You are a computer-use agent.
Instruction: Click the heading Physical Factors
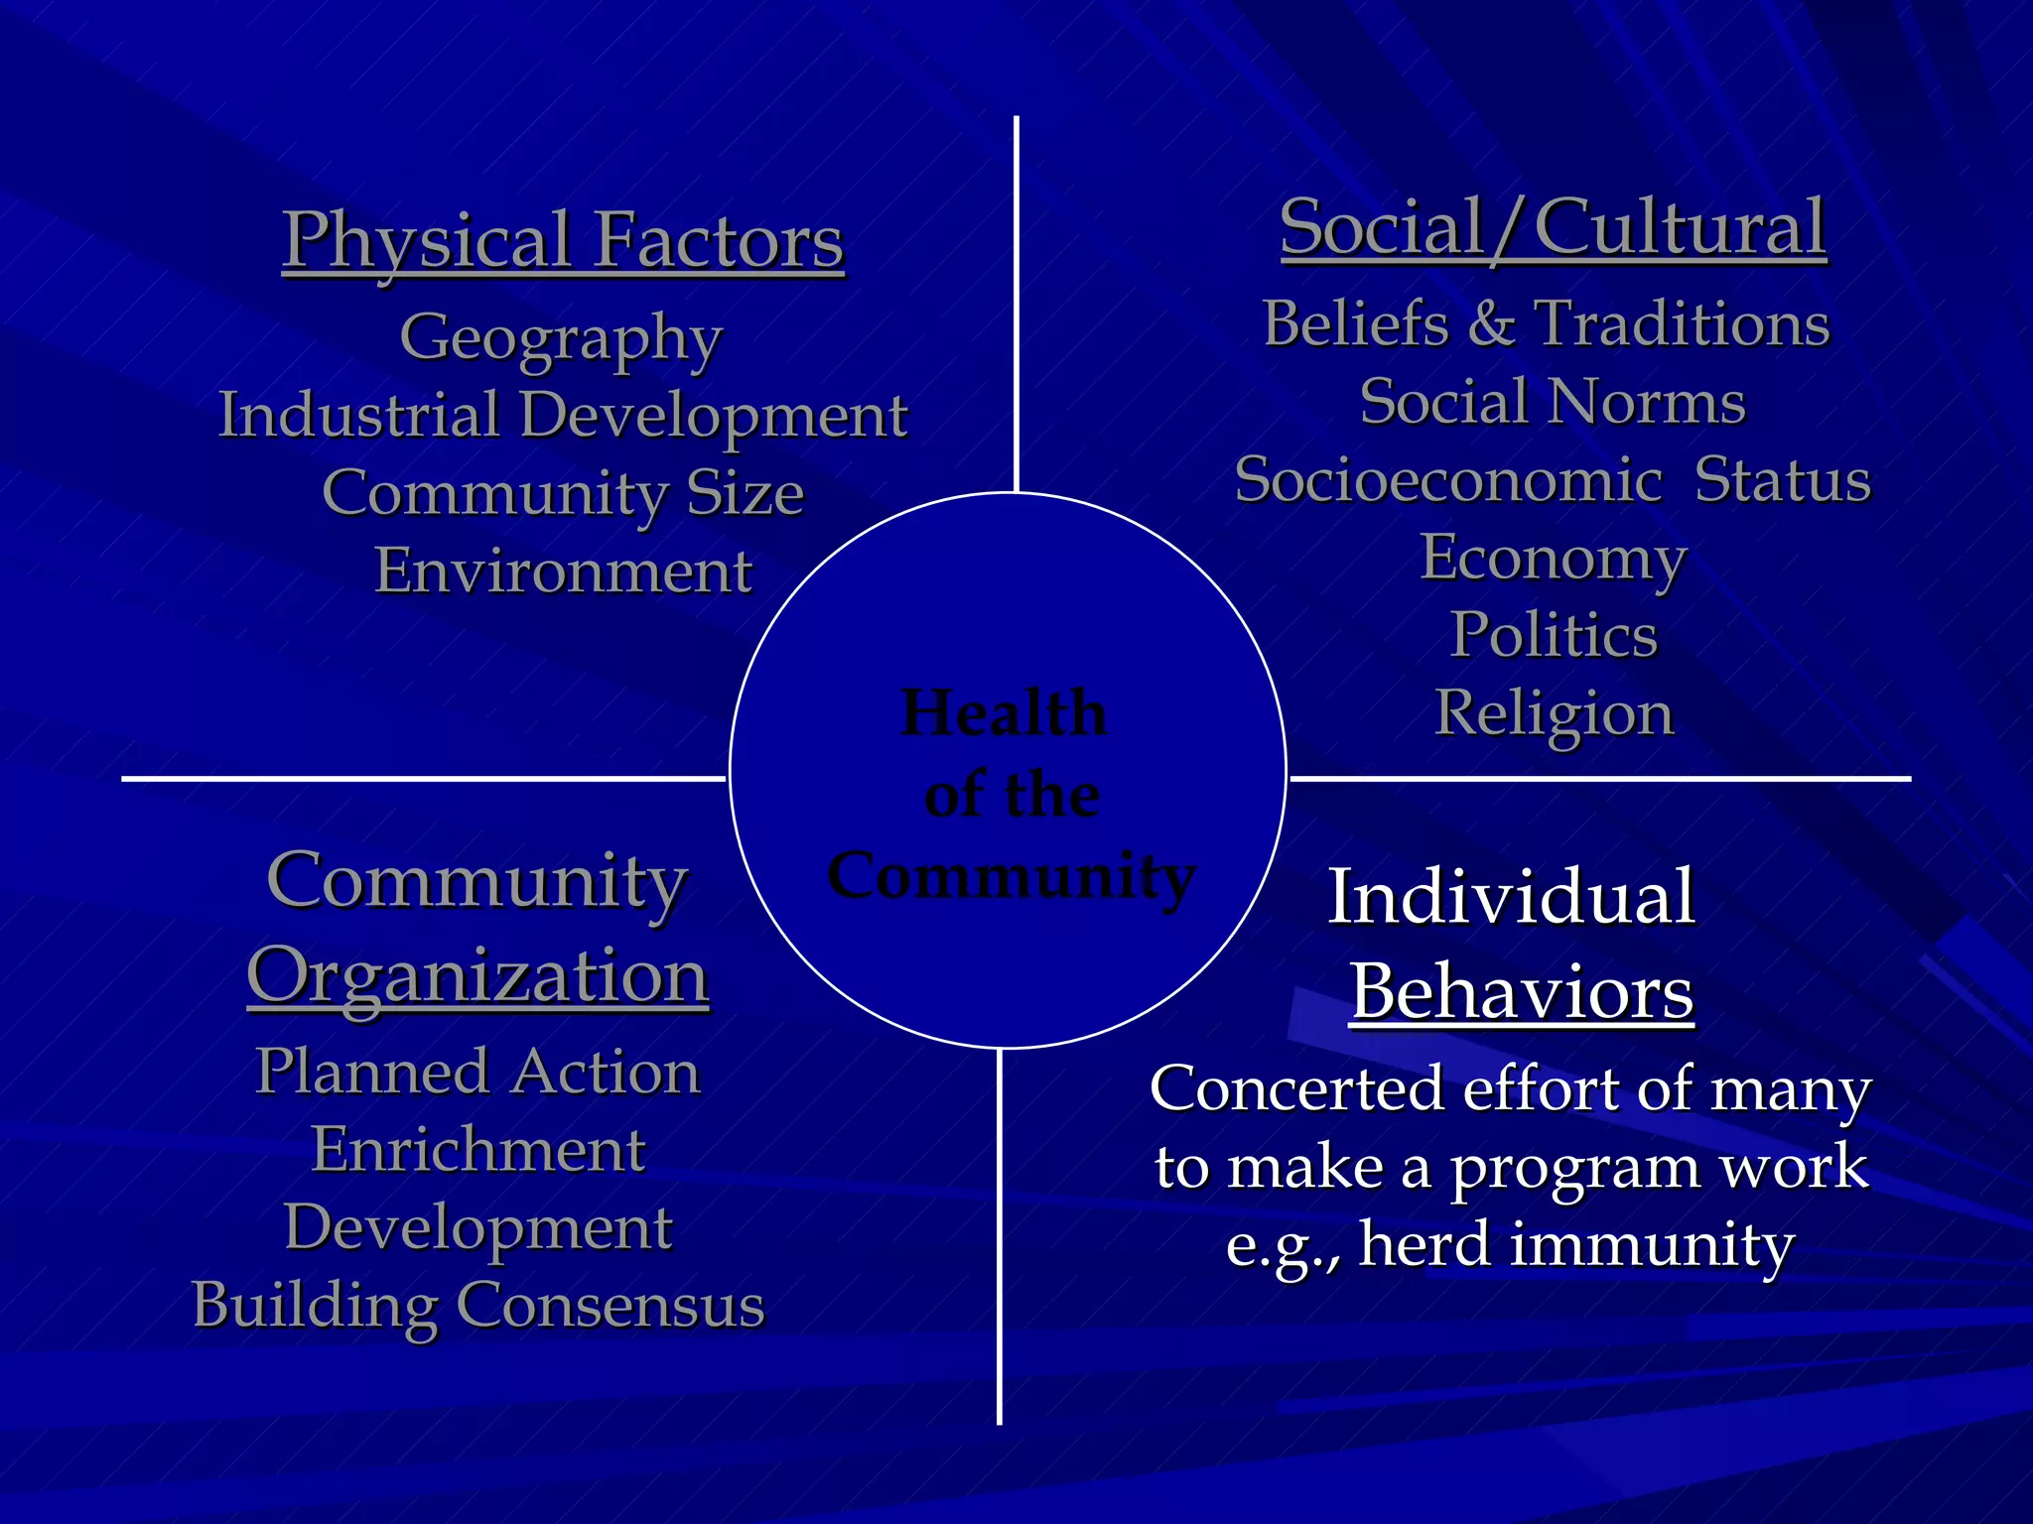point(563,241)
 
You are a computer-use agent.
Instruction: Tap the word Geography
point(561,338)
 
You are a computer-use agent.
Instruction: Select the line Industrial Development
point(563,415)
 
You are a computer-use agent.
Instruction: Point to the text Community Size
point(563,493)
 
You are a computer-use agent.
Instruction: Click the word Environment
point(563,571)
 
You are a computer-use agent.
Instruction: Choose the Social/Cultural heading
point(1553,228)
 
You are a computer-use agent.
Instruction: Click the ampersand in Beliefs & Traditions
point(1491,323)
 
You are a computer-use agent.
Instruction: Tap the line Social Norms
point(1553,402)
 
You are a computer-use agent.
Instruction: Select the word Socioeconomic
point(1448,480)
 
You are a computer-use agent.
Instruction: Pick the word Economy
point(1554,559)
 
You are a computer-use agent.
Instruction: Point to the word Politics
point(1554,635)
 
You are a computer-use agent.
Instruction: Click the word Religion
point(1554,713)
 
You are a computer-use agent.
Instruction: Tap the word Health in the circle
point(1004,713)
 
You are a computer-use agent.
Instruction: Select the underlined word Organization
point(477,976)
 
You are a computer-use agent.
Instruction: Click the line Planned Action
point(477,1072)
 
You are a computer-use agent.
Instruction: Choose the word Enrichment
point(478,1150)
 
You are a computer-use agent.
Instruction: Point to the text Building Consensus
point(478,1305)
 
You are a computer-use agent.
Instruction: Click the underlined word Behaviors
point(1522,992)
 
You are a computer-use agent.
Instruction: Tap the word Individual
point(1511,897)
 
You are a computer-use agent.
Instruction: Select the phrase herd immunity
point(1576,1244)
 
